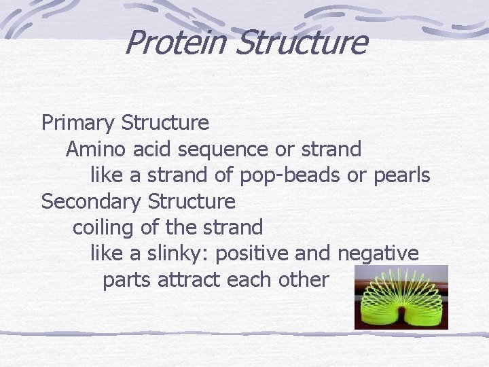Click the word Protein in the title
(x=175, y=42)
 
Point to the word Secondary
(x=92, y=202)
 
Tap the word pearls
(x=401, y=175)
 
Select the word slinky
(x=178, y=254)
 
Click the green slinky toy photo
(x=401, y=297)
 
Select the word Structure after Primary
(x=165, y=123)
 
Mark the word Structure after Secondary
(x=192, y=202)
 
